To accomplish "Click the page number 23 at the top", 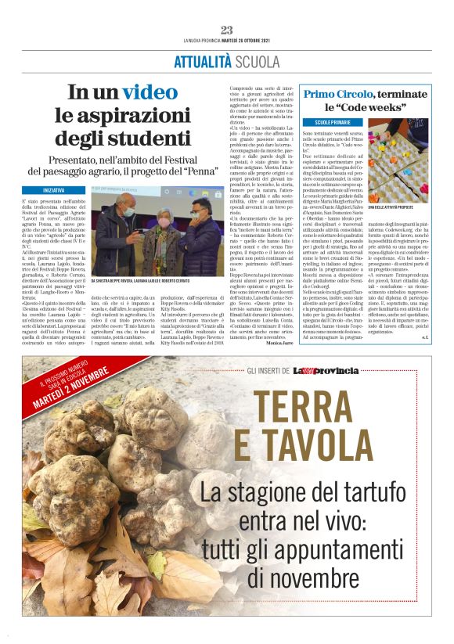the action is point(227,30).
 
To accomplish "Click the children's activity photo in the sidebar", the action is point(398,160).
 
